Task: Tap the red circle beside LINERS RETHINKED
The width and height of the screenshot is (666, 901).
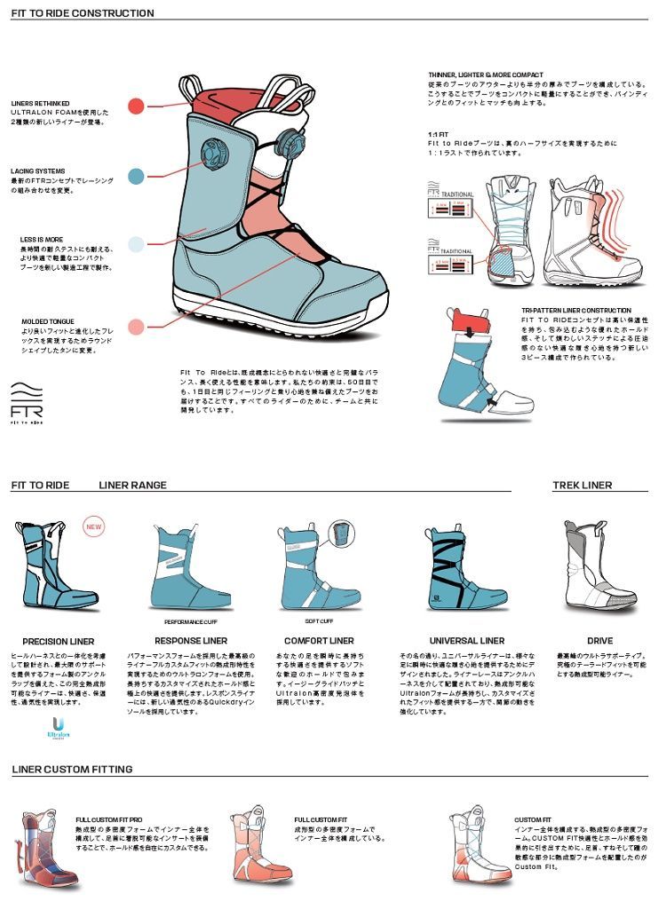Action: (x=136, y=107)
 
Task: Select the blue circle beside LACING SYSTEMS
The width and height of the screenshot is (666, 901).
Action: (x=136, y=176)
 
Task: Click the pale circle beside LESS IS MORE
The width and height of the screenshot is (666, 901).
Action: (x=136, y=244)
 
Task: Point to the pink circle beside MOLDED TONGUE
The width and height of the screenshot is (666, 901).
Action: (x=136, y=327)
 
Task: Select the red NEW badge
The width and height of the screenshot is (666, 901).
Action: (x=93, y=526)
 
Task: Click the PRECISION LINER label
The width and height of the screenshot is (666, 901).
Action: (x=58, y=641)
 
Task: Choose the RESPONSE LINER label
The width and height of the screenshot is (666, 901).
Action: (x=191, y=640)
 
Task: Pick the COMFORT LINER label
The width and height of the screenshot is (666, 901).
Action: (x=320, y=640)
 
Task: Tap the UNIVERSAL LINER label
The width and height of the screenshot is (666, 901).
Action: (x=467, y=640)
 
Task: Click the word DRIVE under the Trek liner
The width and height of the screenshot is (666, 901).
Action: (x=599, y=640)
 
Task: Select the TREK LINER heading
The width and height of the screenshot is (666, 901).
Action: (x=582, y=486)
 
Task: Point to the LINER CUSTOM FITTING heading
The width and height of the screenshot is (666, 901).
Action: (x=72, y=769)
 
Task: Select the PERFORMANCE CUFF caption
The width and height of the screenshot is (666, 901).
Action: (x=190, y=621)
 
